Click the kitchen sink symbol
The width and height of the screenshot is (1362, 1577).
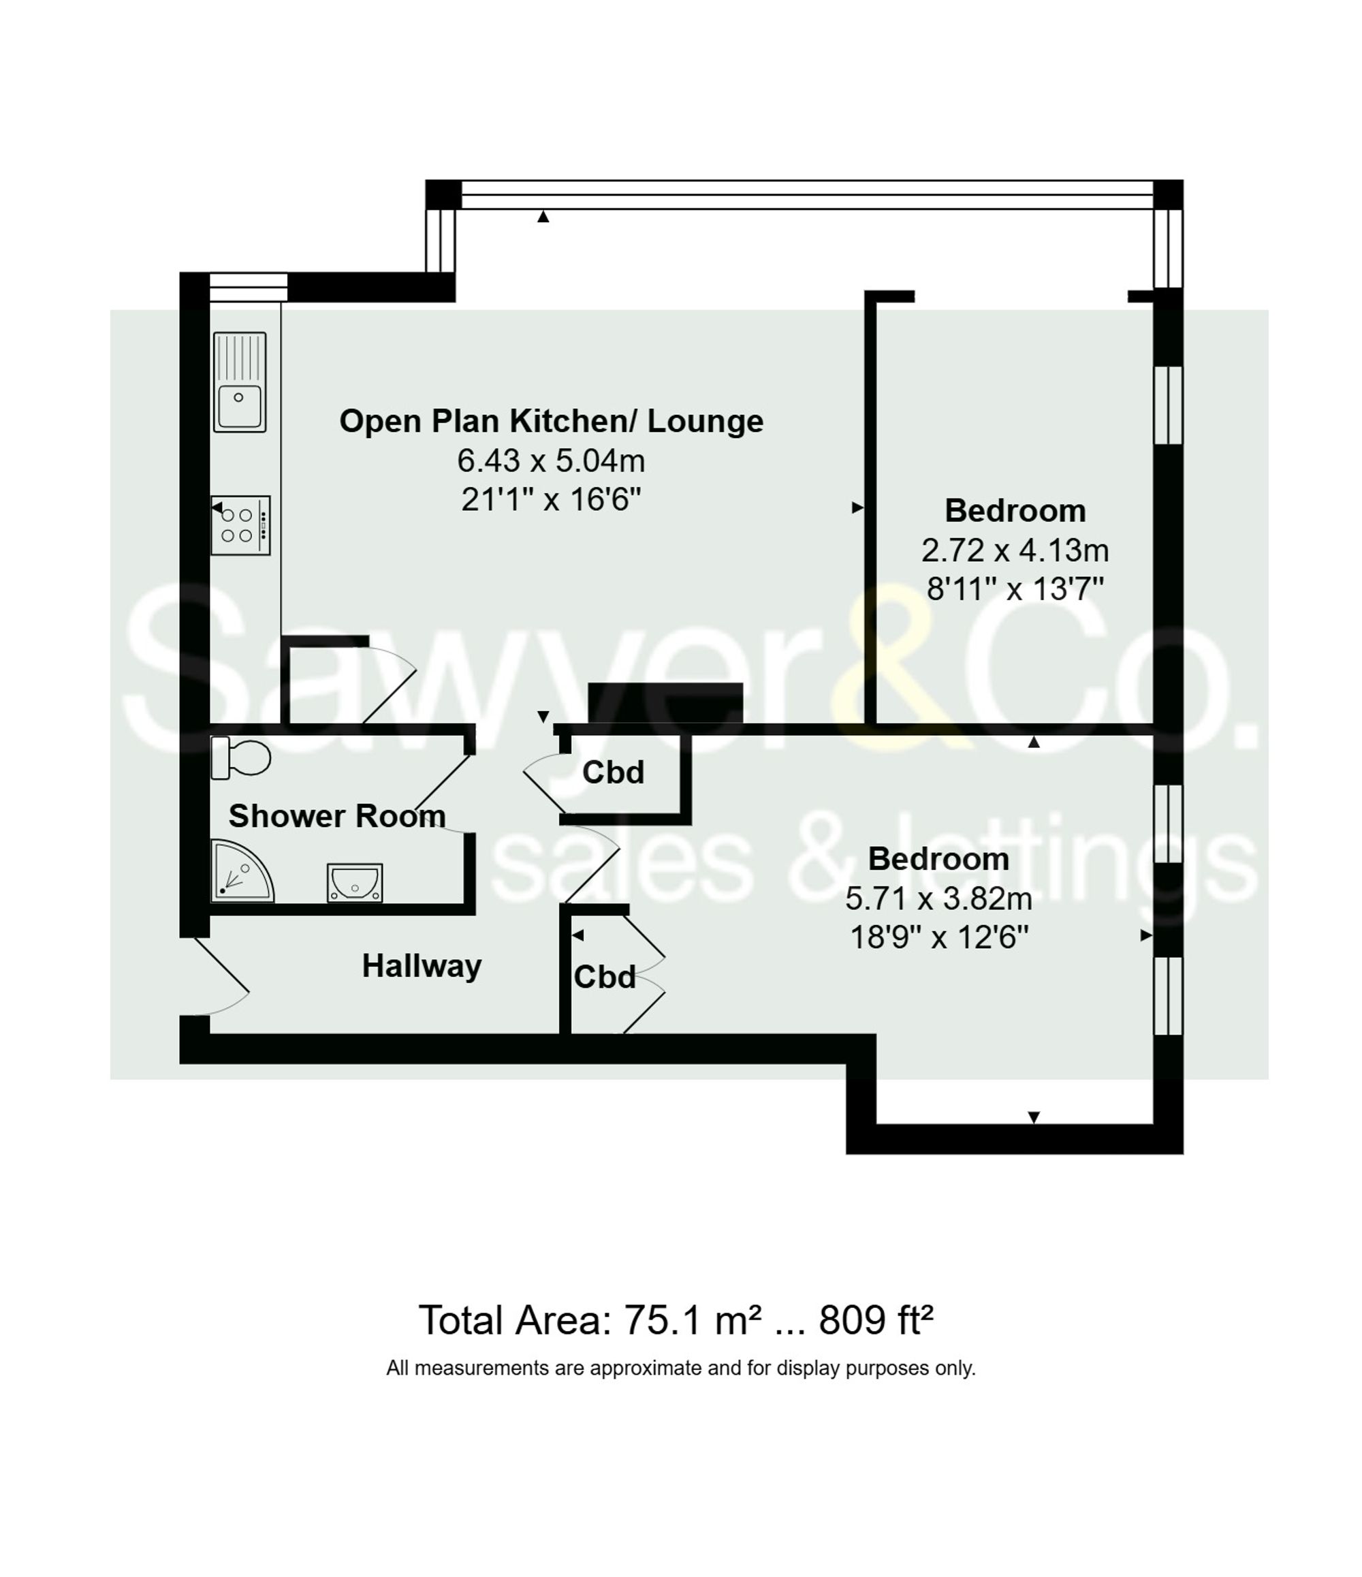coord(240,382)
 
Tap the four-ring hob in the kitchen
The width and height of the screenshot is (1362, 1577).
coord(240,525)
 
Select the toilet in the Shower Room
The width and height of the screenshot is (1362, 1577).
coord(242,758)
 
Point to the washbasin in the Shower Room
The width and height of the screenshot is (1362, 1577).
coord(355,882)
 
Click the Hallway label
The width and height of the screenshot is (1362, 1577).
coord(422,966)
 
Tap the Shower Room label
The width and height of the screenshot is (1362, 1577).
coord(336,816)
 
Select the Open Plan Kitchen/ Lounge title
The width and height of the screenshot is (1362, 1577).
coord(551,421)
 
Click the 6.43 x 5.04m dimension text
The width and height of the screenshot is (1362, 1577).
coord(551,460)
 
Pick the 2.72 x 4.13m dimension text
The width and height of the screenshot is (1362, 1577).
coord(1014,550)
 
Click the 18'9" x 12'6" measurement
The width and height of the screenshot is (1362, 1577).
coord(938,937)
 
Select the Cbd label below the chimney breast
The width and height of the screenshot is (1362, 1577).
coord(612,772)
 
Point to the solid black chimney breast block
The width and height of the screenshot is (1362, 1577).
coord(665,702)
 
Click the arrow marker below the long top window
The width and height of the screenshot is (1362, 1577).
coord(543,217)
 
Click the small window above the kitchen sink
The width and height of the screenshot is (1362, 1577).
coord(248,286)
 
